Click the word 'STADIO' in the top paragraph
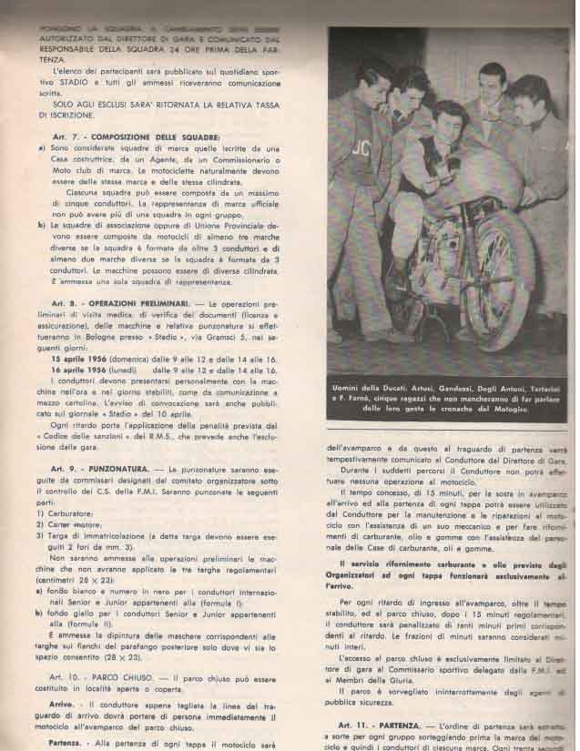point(71,80)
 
